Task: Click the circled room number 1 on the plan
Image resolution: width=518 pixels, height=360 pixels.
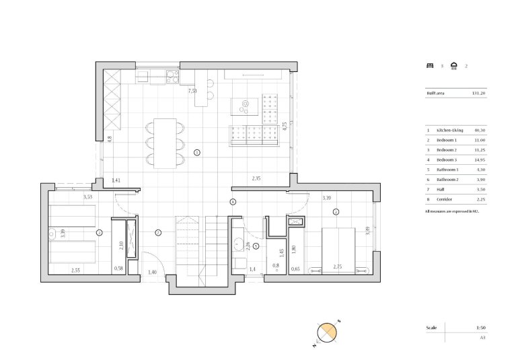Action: (x=196, y=153)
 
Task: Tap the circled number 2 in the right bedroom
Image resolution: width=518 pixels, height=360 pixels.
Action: (x=336, y=212)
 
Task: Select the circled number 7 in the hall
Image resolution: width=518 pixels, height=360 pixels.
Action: (x=157, y=232)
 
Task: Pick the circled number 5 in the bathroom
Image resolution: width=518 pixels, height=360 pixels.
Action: (x=256, y=246)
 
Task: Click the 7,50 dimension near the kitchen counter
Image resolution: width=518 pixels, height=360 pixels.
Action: (x=192, y=91)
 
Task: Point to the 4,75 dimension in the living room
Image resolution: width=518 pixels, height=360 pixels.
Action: (x=285, y=126)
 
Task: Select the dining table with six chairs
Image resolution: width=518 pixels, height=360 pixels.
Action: (x=165, y=142)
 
